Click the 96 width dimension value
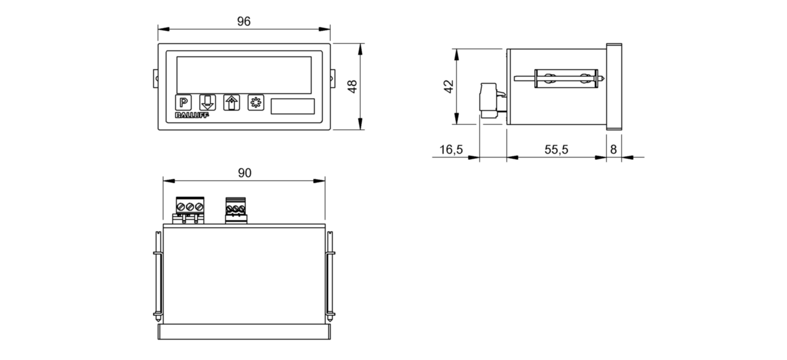(x=244, y=22)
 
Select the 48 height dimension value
(x=352, y=86)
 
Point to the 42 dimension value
(x=448, y=86)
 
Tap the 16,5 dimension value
(x=451, y=149)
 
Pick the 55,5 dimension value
(x=556, y=149)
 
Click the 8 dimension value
(x=614, y=149)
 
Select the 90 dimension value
(x=244, y=173)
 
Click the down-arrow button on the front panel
(x=207, y=103)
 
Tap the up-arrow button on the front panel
(x=231, y=103)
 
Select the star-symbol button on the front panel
(x=255, y=103)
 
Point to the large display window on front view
(x=244, y=74)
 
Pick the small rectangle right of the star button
(x=292, y=106)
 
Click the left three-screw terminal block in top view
(x=188, y=210)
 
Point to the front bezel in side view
(x=614, y=86)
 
